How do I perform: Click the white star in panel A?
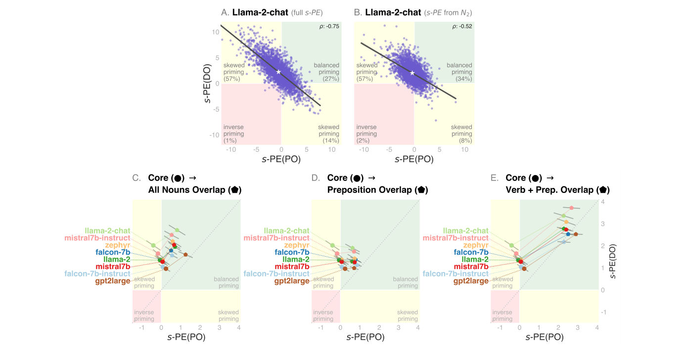tap(278, 72)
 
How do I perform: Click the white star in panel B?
tap(412, 73)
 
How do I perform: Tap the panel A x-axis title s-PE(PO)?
tap(281, 159)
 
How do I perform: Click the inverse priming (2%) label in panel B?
tap(366, 134)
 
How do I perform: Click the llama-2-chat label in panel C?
tap(107, 230)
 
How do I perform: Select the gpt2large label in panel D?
tap(292, 281)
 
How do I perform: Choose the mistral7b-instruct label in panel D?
tap(276, 238)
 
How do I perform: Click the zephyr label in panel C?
tap(117, 245)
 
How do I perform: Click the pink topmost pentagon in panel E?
tap(571, 208)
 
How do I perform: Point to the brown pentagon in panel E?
tap(576, 234)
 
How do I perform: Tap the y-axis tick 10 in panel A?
tap(216, 32)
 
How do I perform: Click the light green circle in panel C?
tap(153, 245)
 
